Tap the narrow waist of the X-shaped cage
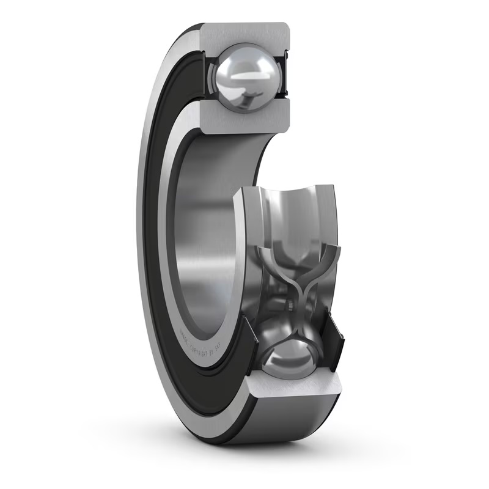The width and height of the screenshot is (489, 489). click(x=293, y=287)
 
